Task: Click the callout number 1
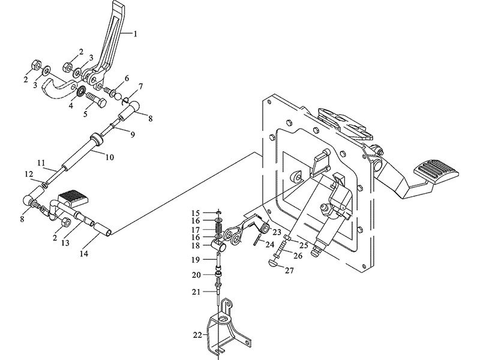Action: coord(136,34)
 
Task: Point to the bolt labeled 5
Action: coord(98,96)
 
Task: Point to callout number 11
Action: coord(41,163)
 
